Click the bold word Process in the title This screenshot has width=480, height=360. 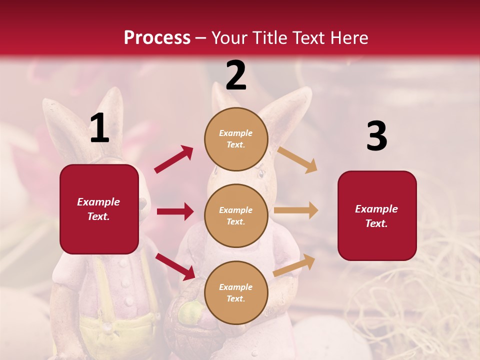(157, 37)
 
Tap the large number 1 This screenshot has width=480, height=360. (99, 128)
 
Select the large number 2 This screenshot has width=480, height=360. (236, 75)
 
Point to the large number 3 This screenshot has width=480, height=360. (376, 136)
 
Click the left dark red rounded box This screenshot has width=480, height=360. (99, 209)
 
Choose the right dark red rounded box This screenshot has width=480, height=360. (377, 216)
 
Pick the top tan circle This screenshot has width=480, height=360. (236, 139)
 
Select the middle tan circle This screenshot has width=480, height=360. (236, 216)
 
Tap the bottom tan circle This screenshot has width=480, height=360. (236, 293)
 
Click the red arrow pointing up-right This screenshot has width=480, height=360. (174, 159)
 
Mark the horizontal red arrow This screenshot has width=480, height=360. (175, 211)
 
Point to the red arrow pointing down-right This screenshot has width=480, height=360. (175, 266)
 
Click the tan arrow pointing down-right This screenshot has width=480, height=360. (297, 159)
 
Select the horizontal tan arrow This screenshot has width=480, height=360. (295, 210)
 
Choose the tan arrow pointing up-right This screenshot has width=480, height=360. (294, 265)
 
